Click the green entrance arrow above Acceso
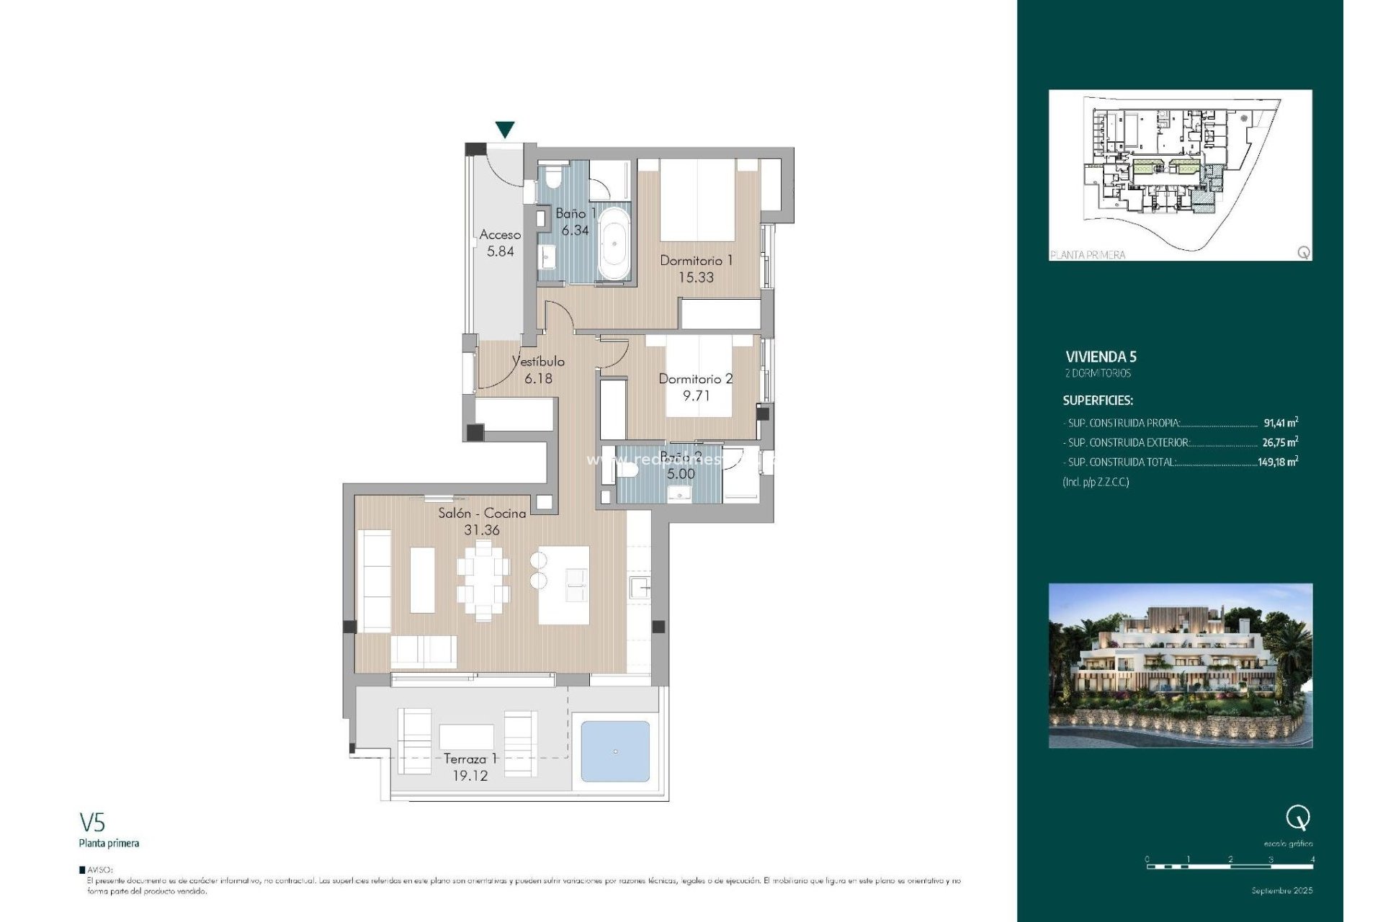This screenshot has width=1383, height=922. click(x=505, y=130)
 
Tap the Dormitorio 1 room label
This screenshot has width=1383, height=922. click(x=696, y=261)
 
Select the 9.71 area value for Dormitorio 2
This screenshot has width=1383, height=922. click(x=696, y=395)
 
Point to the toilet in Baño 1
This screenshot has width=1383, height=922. click(x=554, y=176)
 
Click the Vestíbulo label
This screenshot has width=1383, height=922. click(x=538, y=362)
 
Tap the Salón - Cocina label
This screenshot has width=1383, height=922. click(x=482, y=514)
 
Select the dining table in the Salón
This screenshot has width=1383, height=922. click(x=483, y=581)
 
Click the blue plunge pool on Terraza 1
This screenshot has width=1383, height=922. click(x=615, y=751)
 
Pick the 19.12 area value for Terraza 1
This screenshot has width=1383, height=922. click(x=470, y=776)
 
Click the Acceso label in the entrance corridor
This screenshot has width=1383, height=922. click(x=500, y=235)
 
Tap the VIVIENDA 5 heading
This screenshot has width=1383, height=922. click(x=1101, y=357)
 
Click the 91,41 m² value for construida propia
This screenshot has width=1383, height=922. click(x=1280, y=423)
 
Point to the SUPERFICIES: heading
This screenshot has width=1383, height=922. click(x=1098, y=400)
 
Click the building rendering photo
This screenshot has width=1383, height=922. click(x=1180, y=665)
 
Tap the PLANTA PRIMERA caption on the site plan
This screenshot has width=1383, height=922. click(x=1088, y=254)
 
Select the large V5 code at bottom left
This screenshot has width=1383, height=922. click(x=92, y=823)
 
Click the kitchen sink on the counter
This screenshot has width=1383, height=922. click(x=639, y=588)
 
